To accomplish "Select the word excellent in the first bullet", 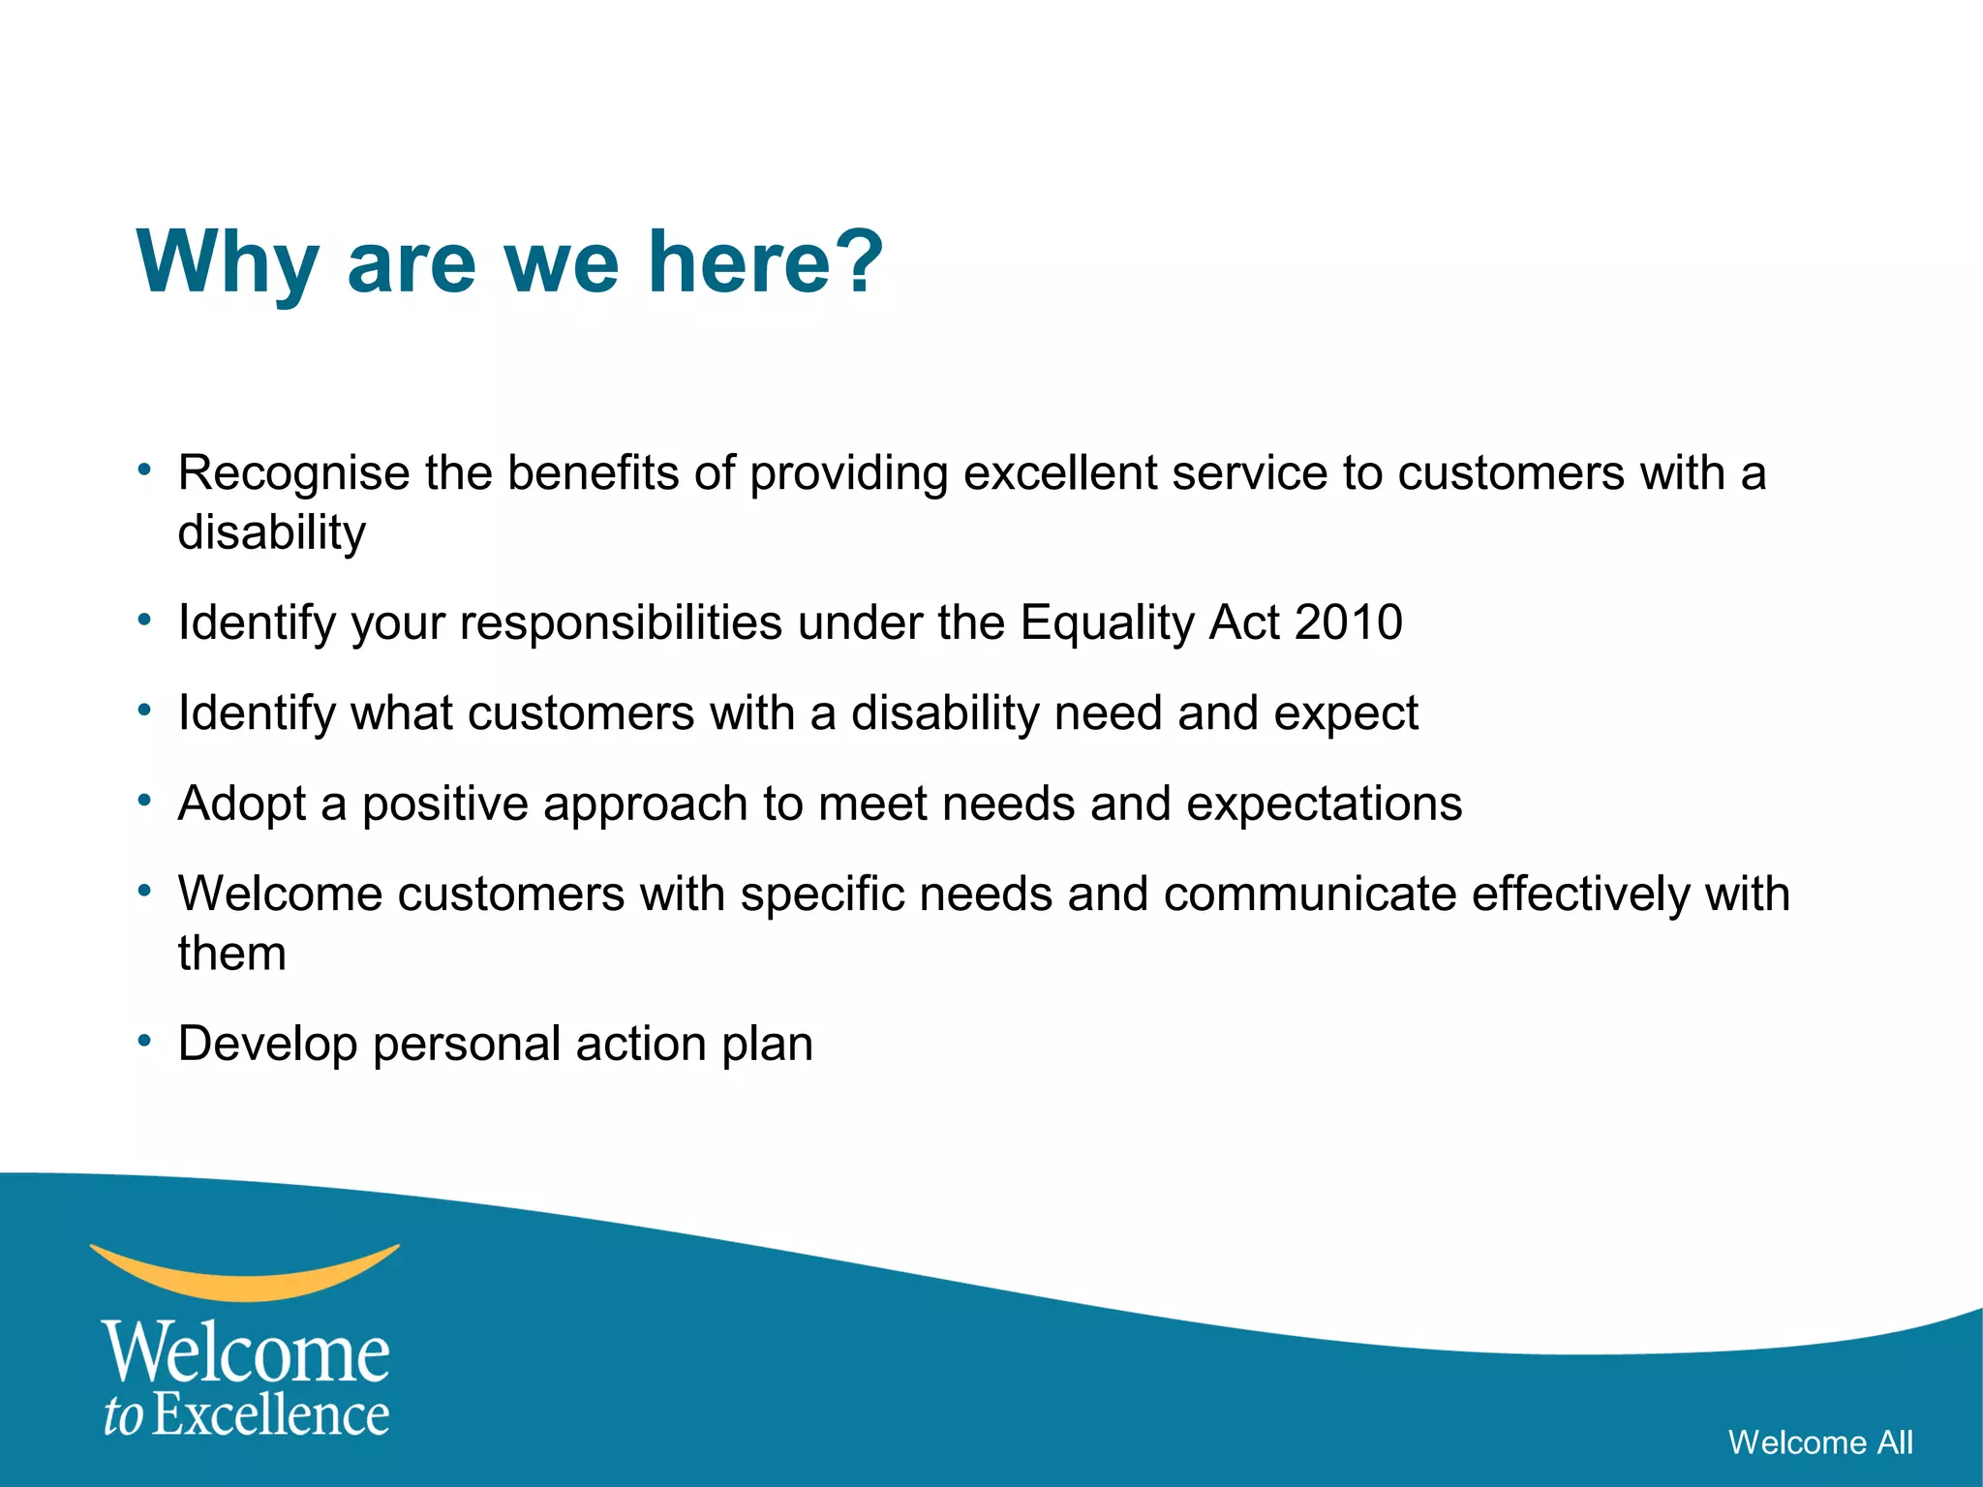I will (x=1059, y=473).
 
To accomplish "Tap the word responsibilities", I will (x=621, y=623).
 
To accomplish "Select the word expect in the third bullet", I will (x=1345, y=714).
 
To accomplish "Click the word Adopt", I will (x=242, y=804).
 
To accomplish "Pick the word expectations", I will (x=1324, y=804).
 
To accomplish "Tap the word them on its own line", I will (x=232, y=954).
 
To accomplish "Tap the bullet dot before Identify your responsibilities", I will (x=144, y=619).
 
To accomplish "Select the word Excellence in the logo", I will (x=271, y=1415).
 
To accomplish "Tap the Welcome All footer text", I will (x=1820, y=1442).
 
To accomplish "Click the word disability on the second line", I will (x=272, y=533).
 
